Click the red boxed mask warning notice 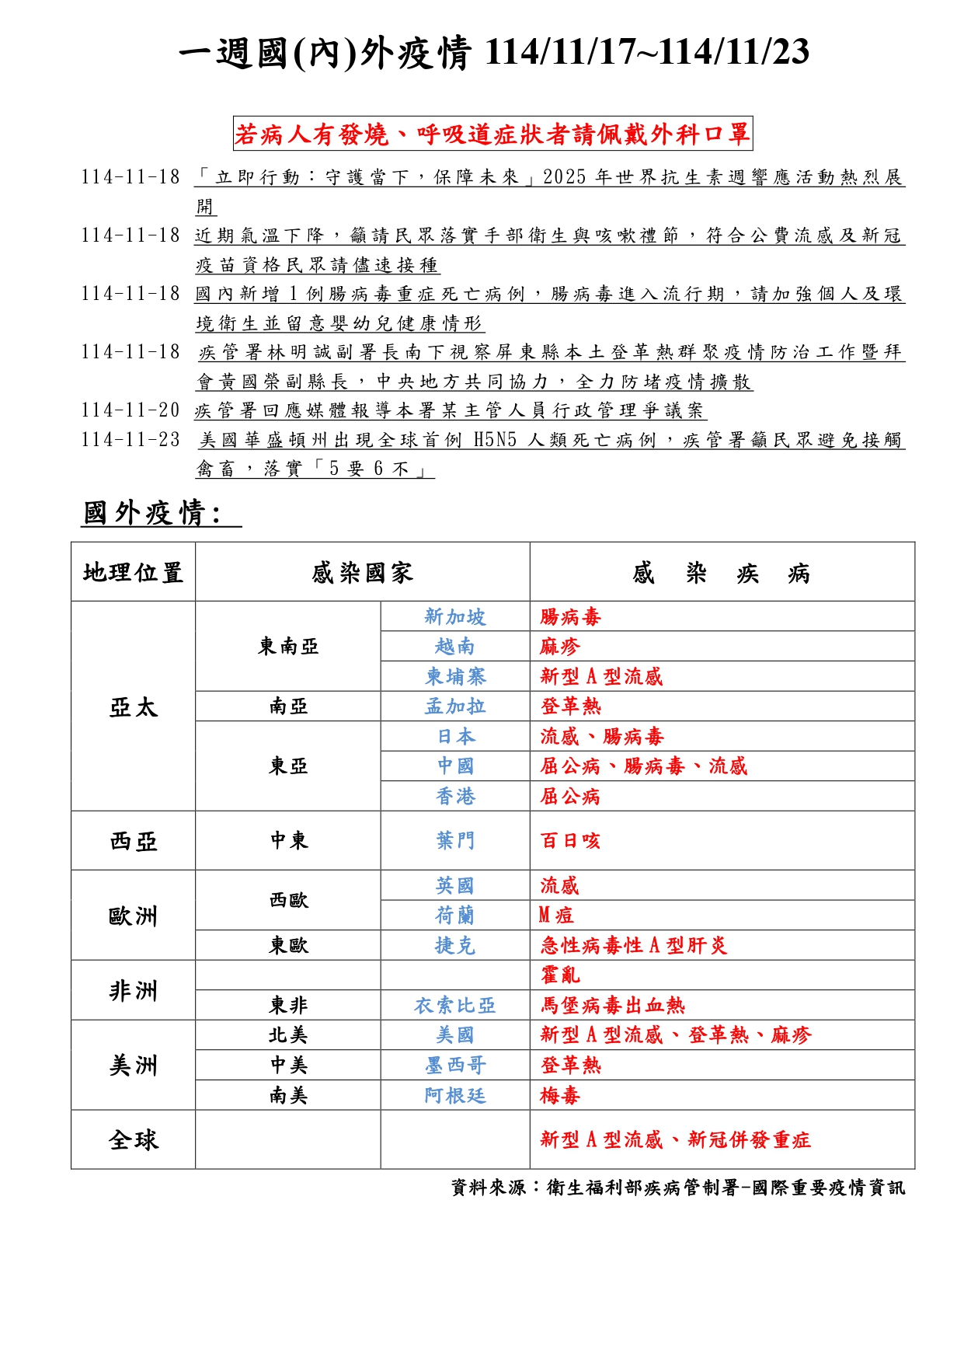pyautogui.click(x=492, y=134)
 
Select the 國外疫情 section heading pyautogui.click(x=152, y=513)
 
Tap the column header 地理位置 pyautogui.click(x=133, y=573)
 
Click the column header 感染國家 pyautogui.click(x=362, y=573)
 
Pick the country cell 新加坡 pyautogui.click(x=455, y=616)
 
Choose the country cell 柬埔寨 pyautogui.click(x=455, y=676)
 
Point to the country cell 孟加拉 pyautogui.click(x=455, y=706)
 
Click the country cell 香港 pyautogui.click(x=455, y=796)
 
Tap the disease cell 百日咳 pyautogui.click(x=570, y=840)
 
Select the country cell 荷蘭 pyautogui.click(x=455, y=916)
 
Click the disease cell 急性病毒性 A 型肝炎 pyautogui.click(x=633, y=945)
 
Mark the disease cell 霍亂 pyautogui.click(x=560, y=975)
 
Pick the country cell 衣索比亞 pyautogui.click(x=455, y=1005)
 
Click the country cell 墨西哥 pyautogui.click(x=455, y=1065)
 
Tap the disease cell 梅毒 pyautogui.click(x=560, y=1095)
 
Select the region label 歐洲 pyautogui.click(x=133, y=916)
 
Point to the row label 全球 pyautogui.click(x=133, y=1139)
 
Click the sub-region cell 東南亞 pyautogui.click(x=288, y=646)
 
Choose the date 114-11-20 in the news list pyautogui.click(x=130, y=410)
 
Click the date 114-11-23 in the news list pyautogui.click(x=130, y=440)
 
